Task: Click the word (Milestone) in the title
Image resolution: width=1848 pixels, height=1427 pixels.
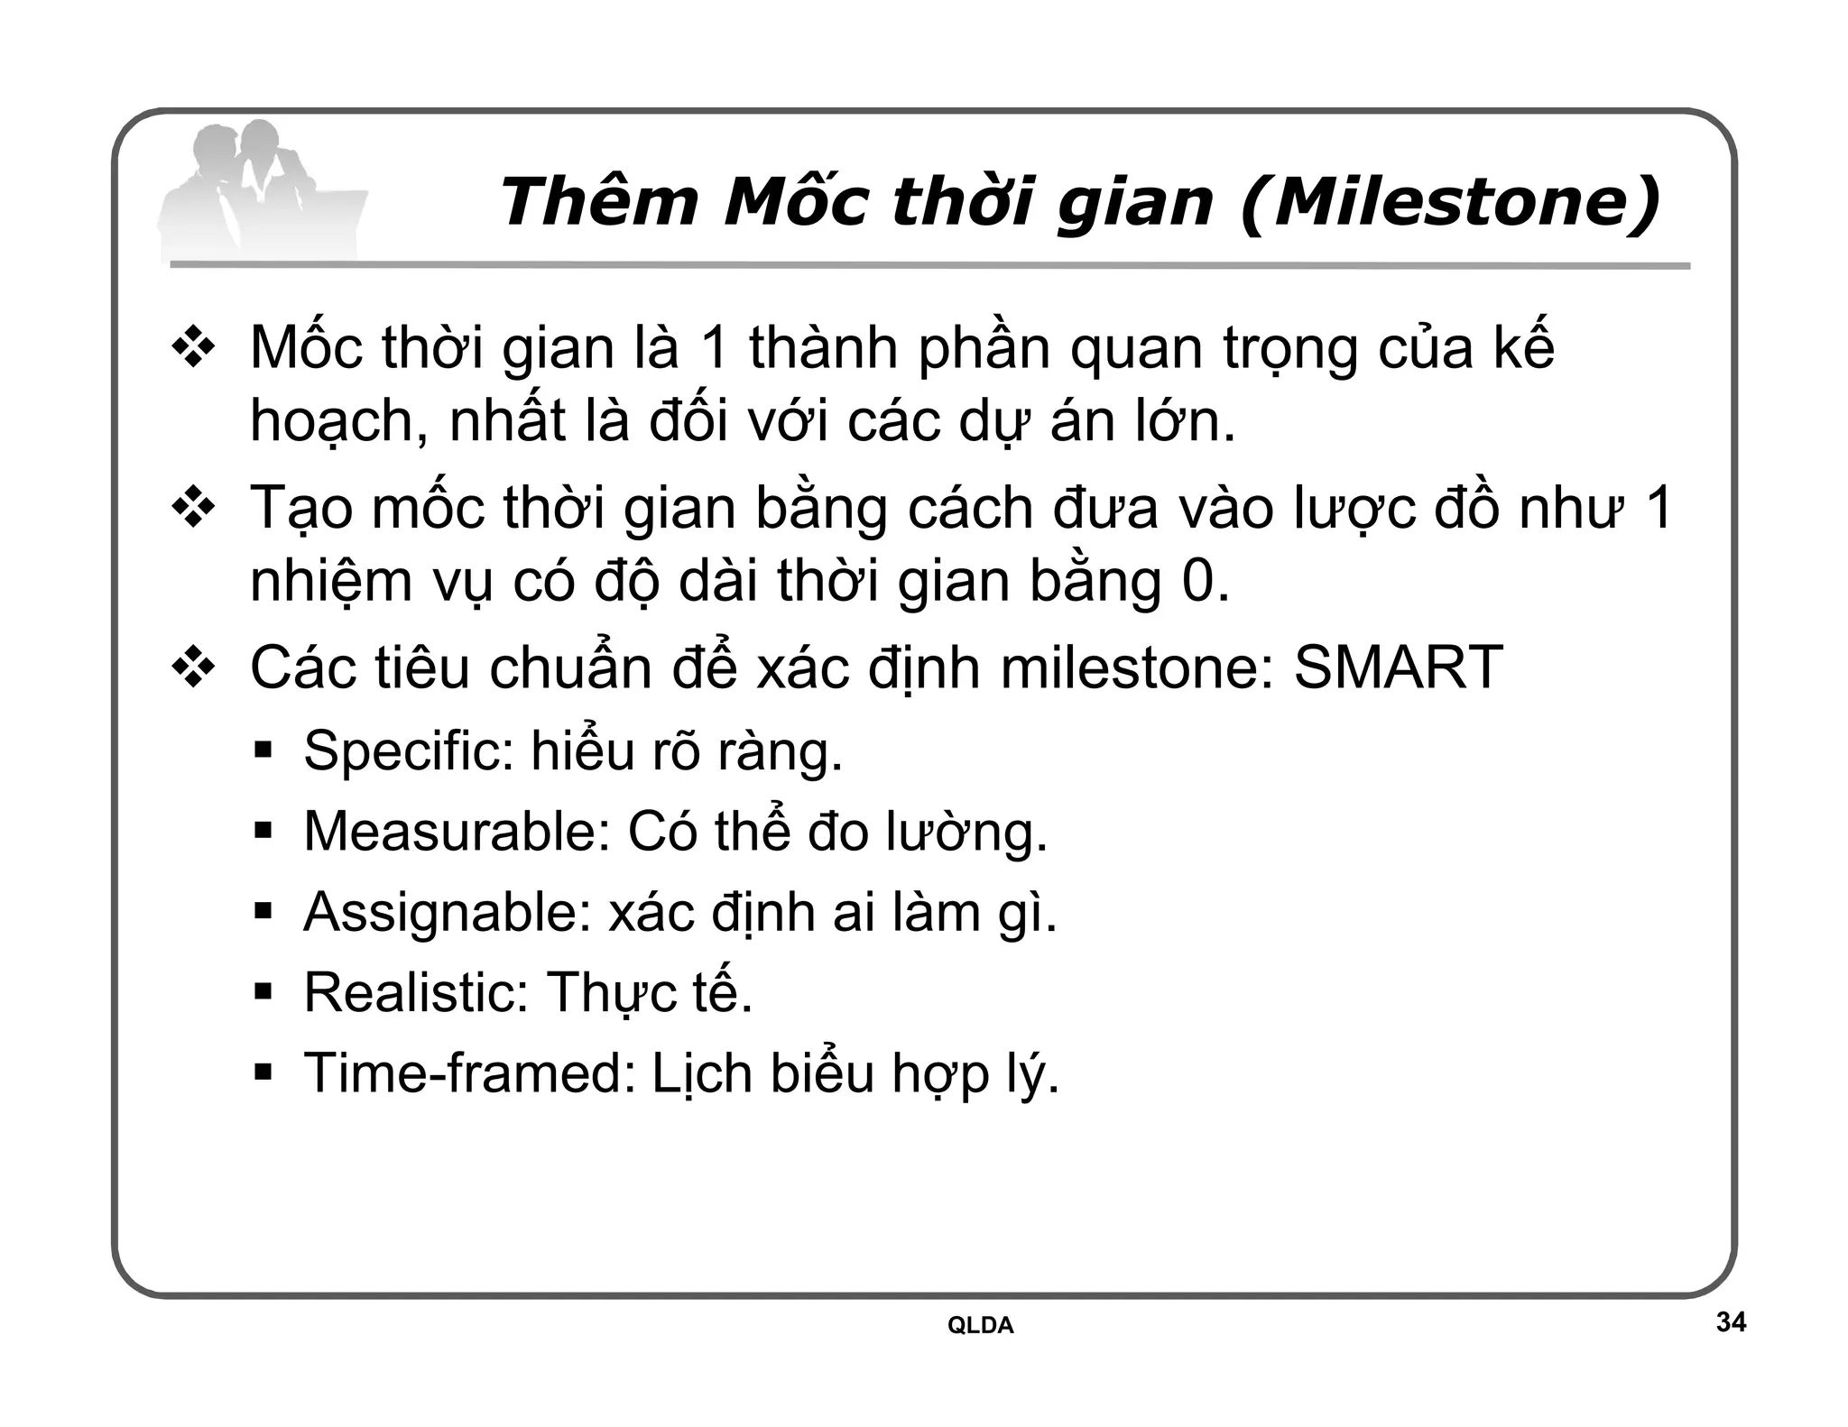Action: point(1450,202)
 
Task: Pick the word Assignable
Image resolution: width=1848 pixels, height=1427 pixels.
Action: point(447,912)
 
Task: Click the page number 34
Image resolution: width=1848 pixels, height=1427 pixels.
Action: point(1730,1322)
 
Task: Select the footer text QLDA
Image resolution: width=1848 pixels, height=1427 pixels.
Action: point(980,1325)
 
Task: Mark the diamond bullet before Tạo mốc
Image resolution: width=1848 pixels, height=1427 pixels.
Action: point(193,509)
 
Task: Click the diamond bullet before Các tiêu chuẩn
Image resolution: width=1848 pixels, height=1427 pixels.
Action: point(193,669)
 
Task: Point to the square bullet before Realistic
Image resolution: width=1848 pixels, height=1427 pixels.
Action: point(263,993)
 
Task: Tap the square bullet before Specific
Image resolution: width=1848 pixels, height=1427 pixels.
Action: point(263,750)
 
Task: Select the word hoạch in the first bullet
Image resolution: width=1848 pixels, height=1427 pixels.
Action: point(337,422)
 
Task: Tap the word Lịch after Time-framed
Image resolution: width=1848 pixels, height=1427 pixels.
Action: point(702,1073)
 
